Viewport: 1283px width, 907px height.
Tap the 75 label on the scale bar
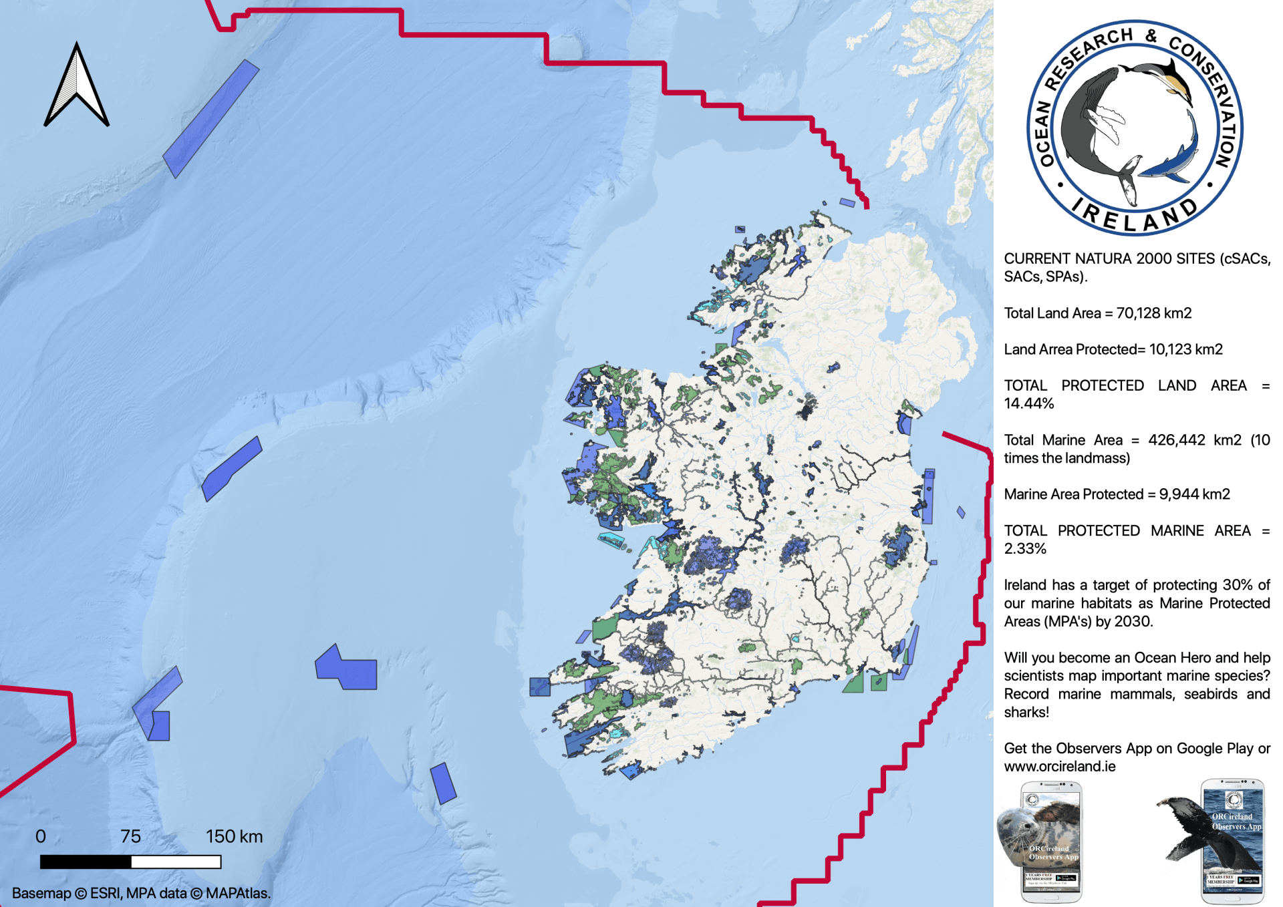130,836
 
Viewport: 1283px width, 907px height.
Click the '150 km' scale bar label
234,836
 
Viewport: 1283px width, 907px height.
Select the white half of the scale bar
176,862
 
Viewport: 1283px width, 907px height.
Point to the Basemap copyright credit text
141,893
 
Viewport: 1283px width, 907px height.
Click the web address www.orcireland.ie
1059,766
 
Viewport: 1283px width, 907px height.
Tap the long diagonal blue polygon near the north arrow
211,118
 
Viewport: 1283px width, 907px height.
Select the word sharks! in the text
1026,712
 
